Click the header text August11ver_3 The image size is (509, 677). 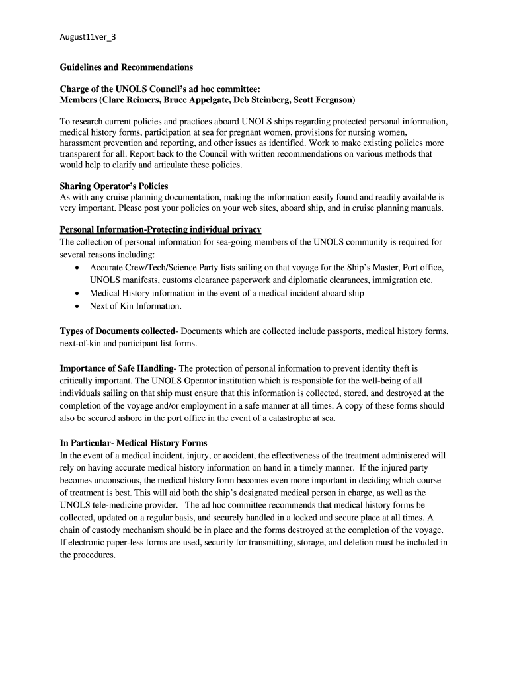[x=88, y=37]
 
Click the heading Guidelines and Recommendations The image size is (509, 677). [x=126, y=67]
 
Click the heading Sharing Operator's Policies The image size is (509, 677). [x=114, y=186]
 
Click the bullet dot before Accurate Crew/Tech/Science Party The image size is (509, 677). [x=78, y=268]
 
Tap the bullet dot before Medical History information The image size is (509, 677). [x=78, y=293]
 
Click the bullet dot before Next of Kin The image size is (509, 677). [x=78, y=306]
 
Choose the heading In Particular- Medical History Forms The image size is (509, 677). [x=134, y=443]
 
